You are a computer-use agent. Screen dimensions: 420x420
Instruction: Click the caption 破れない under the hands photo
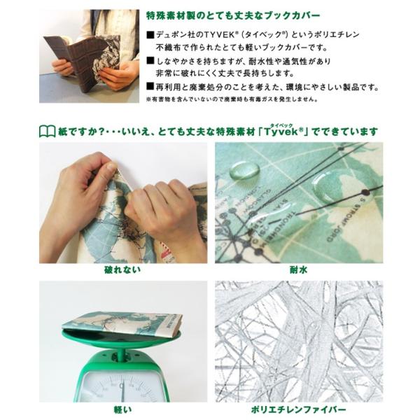coord(122,269)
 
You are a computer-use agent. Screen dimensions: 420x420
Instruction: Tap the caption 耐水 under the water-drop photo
coord(298,269)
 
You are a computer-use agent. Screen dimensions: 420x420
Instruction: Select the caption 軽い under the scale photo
coord(122,409)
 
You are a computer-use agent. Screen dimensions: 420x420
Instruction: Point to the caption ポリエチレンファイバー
coord(299,409)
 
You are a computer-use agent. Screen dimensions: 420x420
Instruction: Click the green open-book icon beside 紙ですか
coord(48,132)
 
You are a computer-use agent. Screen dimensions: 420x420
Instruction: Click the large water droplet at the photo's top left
coord(244,169)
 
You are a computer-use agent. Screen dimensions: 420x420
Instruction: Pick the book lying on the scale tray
coord(122,324)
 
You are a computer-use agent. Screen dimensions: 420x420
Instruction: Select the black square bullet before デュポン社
coord(150,34)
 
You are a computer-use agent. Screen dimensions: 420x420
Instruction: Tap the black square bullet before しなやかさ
coord(150,62)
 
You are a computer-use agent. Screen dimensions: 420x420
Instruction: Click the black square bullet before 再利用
coord(150,87)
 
